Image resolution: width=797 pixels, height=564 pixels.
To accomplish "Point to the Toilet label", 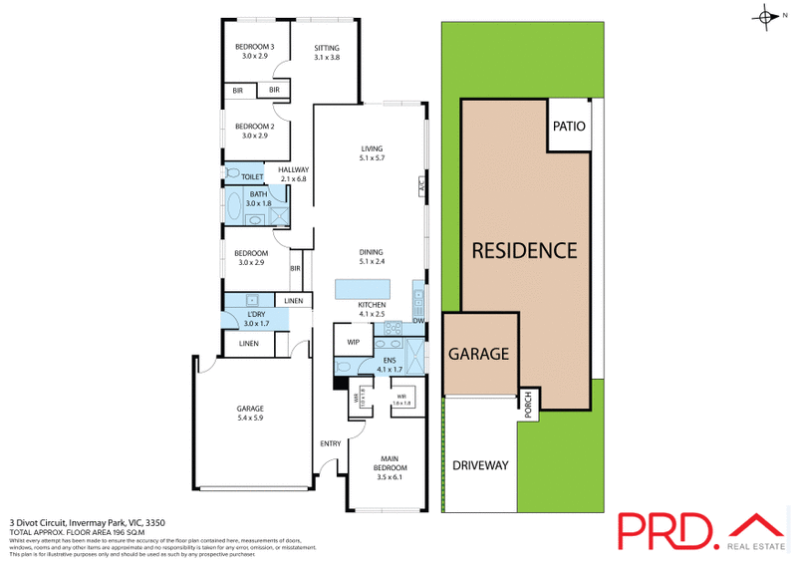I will click(x=252, y=176).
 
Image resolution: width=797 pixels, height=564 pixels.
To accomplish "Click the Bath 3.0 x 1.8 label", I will click(x=258, y=198).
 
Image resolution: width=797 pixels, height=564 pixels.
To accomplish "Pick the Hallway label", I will click(x=293, y=173).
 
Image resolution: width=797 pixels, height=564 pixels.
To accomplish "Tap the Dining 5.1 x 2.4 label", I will click(x=372, y=256).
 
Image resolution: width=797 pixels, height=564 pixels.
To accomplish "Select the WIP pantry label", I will click(x=353, y=342).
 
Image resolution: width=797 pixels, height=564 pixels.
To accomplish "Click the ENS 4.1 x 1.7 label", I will click(x=387, y=364).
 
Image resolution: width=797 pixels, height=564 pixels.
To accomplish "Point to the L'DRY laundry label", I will click(x=257, y=319).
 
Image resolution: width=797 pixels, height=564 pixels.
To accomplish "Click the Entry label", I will click(x=330, y=443).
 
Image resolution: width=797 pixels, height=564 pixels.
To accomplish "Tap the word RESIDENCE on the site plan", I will click(x=523, y=250).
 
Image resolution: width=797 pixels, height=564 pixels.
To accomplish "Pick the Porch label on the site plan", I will click(x=528, y=404).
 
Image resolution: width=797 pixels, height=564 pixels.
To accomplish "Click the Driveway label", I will click(x=480, y=465).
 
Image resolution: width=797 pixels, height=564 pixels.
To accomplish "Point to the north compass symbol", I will click(x=765, y=16).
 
